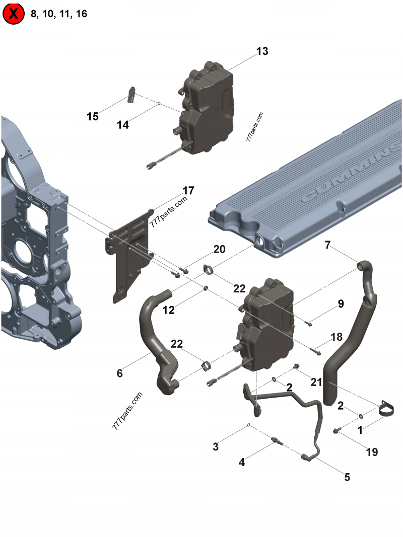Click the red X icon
click(14, 14)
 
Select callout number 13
click(262, 51)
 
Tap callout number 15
click(92, 117)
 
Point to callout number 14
click(123, 125)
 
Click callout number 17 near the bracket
click(188, 191)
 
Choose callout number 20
click(219, 249)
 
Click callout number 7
click(327, 245)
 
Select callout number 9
click(341, 303)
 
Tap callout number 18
click(336, 336)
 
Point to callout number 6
click(119, 373)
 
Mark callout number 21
click(316, 382)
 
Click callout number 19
click(371, 452)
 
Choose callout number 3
click(215, 446)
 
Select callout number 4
click(242, 462)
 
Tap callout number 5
click(347, 477)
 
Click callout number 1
click(360, 431)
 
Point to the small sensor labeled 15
click(132, 94)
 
